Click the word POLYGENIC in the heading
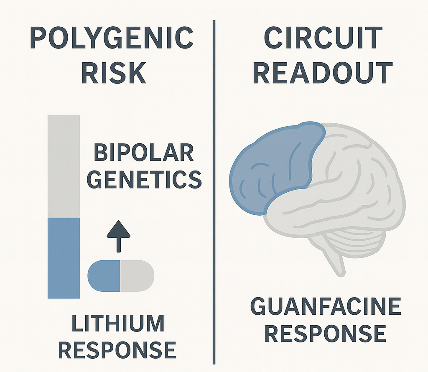pyautogui.click(x=112, y=38)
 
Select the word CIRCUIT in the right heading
pyautogui.click(x=323, y=38)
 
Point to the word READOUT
pyautogui.click(x=323, y=73)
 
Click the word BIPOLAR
pyautogui.click(x=144, y=153)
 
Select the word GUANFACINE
pyautogui.click(x=326, y=308)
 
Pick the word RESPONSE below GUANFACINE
pyautogui.click(x=326, y=334)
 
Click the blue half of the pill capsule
pyautogui.click(x=104, y=276)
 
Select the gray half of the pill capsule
pyautogui.click(x=137, y=276)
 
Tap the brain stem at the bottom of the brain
pyautogui.click(x=339, y=263)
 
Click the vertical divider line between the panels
pyautogui.click(x=214, y=188)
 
